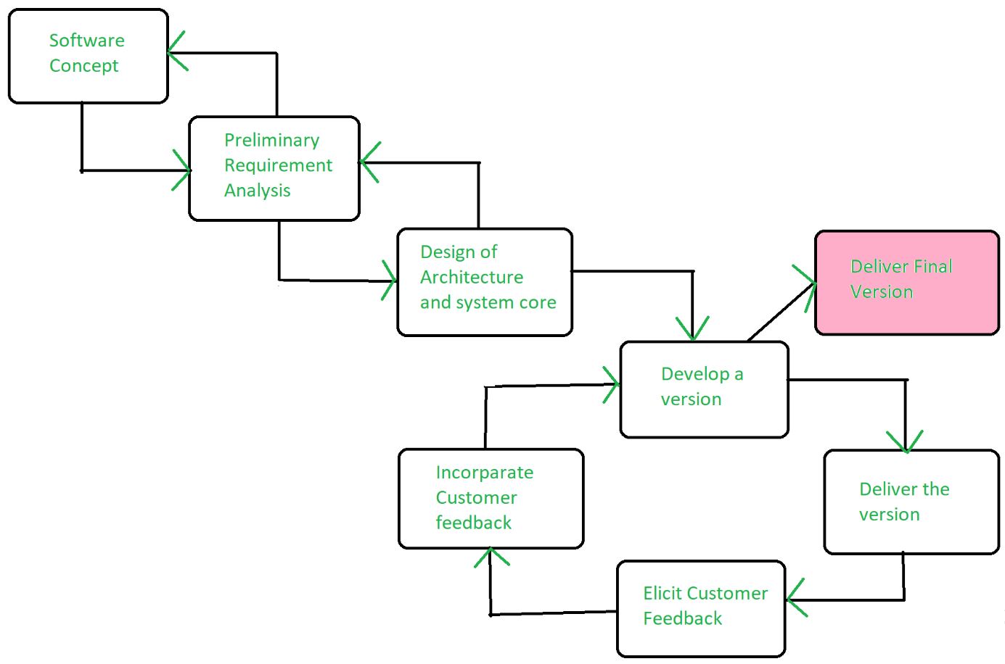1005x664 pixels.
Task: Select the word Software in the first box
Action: point(86,41)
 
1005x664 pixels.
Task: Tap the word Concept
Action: point(83,66)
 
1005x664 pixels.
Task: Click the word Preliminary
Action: point(271,141)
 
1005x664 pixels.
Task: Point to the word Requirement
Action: point(278,166)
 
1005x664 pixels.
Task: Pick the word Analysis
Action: point(257,191)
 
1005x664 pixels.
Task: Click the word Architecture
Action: point(472,278)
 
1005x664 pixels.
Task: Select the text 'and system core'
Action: point(488,303)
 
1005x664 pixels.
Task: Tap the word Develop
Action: point(695,375)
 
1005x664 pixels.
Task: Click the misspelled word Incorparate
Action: point(484,473)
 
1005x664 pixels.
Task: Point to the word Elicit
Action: point(663,594)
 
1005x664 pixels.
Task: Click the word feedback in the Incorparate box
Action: point(473,523)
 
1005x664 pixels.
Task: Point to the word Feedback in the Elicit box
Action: point(682,619)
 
